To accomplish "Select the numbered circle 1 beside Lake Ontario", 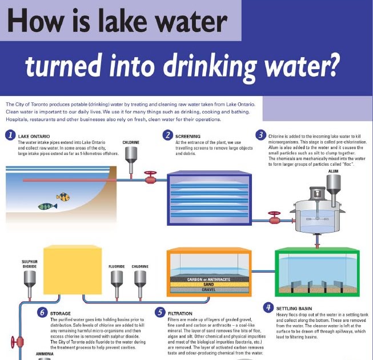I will click(x=10, y=136).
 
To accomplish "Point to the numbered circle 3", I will click(x=260, y=135).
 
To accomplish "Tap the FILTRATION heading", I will click(x=183, y=313).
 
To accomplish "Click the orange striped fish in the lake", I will click(x=62, y=197).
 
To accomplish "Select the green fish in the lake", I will click(x=47, y=206).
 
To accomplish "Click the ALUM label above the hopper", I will click(x=333, y=170).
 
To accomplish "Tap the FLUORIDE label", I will click(x=117, y=266).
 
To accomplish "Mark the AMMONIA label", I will click(x=29, y=354).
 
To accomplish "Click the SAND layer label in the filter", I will click(x=208, y=284).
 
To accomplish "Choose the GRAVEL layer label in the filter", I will click(x=208, y=290).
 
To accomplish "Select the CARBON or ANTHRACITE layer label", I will click(x=208, y=279).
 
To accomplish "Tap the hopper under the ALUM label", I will click(x=334, y=185).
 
